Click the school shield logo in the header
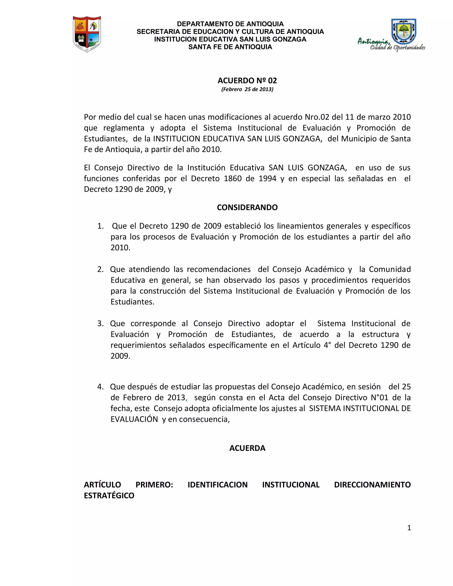tap(87, 34)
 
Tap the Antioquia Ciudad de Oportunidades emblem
tap(391, 35)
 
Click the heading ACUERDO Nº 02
tap(247, 80)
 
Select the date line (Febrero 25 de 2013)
tap(247, 89)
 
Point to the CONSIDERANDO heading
tap(247, 207)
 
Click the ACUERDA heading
tap(247, 448)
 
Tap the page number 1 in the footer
tap(409, 528)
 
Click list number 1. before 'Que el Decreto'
tap(100, 226)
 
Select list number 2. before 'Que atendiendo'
tap(100, 269)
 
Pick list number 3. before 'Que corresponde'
tap(100, 324)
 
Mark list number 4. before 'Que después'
tap(100, 387)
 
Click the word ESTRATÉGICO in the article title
tap(109, 496)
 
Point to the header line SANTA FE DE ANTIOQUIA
tap(230, 47)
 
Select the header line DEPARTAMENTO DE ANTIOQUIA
tap(230, 24)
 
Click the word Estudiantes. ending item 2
tap(132, 302)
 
